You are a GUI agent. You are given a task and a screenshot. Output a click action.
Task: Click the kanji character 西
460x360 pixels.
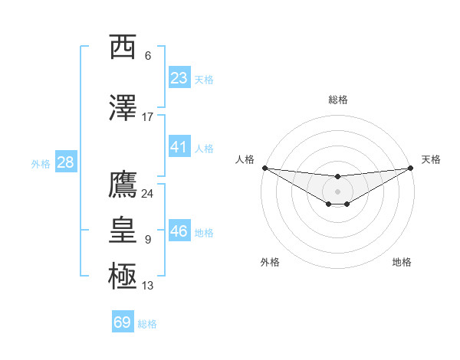pyautogui.click(x=123, y=47)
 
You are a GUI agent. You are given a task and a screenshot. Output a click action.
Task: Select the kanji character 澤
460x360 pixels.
pyautogui.click(x=123, y=108)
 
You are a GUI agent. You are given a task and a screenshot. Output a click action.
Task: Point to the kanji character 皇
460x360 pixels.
pyautogui.click(x=123, y=230)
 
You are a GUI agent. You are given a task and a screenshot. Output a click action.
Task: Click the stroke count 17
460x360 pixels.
pyautogui.click(x=148, y=117)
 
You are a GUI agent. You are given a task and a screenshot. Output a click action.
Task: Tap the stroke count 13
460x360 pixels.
pyautogui.click(x=148, y=286)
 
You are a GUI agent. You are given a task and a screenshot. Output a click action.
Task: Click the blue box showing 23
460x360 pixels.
pyautogui.click(x=179, y=78)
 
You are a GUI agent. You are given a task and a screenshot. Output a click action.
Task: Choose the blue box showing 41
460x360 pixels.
pyautogui.click(x=179, y=147)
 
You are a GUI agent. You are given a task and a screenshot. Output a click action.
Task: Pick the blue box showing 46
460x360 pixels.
pyautogui.click(x=179, y=231)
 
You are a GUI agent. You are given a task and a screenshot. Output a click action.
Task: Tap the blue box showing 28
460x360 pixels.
pyautogui.click(x=65, y=162)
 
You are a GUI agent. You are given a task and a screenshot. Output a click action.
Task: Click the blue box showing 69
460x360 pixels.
pyautogui.click(x=123, y=322)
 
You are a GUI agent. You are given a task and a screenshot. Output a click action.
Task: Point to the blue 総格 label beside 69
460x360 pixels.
pyautogui.click(x=147, y=324)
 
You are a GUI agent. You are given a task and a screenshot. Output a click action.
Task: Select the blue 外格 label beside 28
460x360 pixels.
pyautogui.click(x=40, y=164)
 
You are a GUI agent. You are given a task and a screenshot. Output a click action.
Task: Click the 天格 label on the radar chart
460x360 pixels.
pyautogui.click(x=432, y=159)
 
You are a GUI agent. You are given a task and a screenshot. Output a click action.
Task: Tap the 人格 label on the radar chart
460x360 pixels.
pyautogui.click(x=245, y=159)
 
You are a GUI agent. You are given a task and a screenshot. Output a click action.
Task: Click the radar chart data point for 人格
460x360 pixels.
pyautogui.click(x=264, y=168)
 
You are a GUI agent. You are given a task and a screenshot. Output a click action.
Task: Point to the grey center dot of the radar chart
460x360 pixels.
pyautogui.click(x=338, y=191)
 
